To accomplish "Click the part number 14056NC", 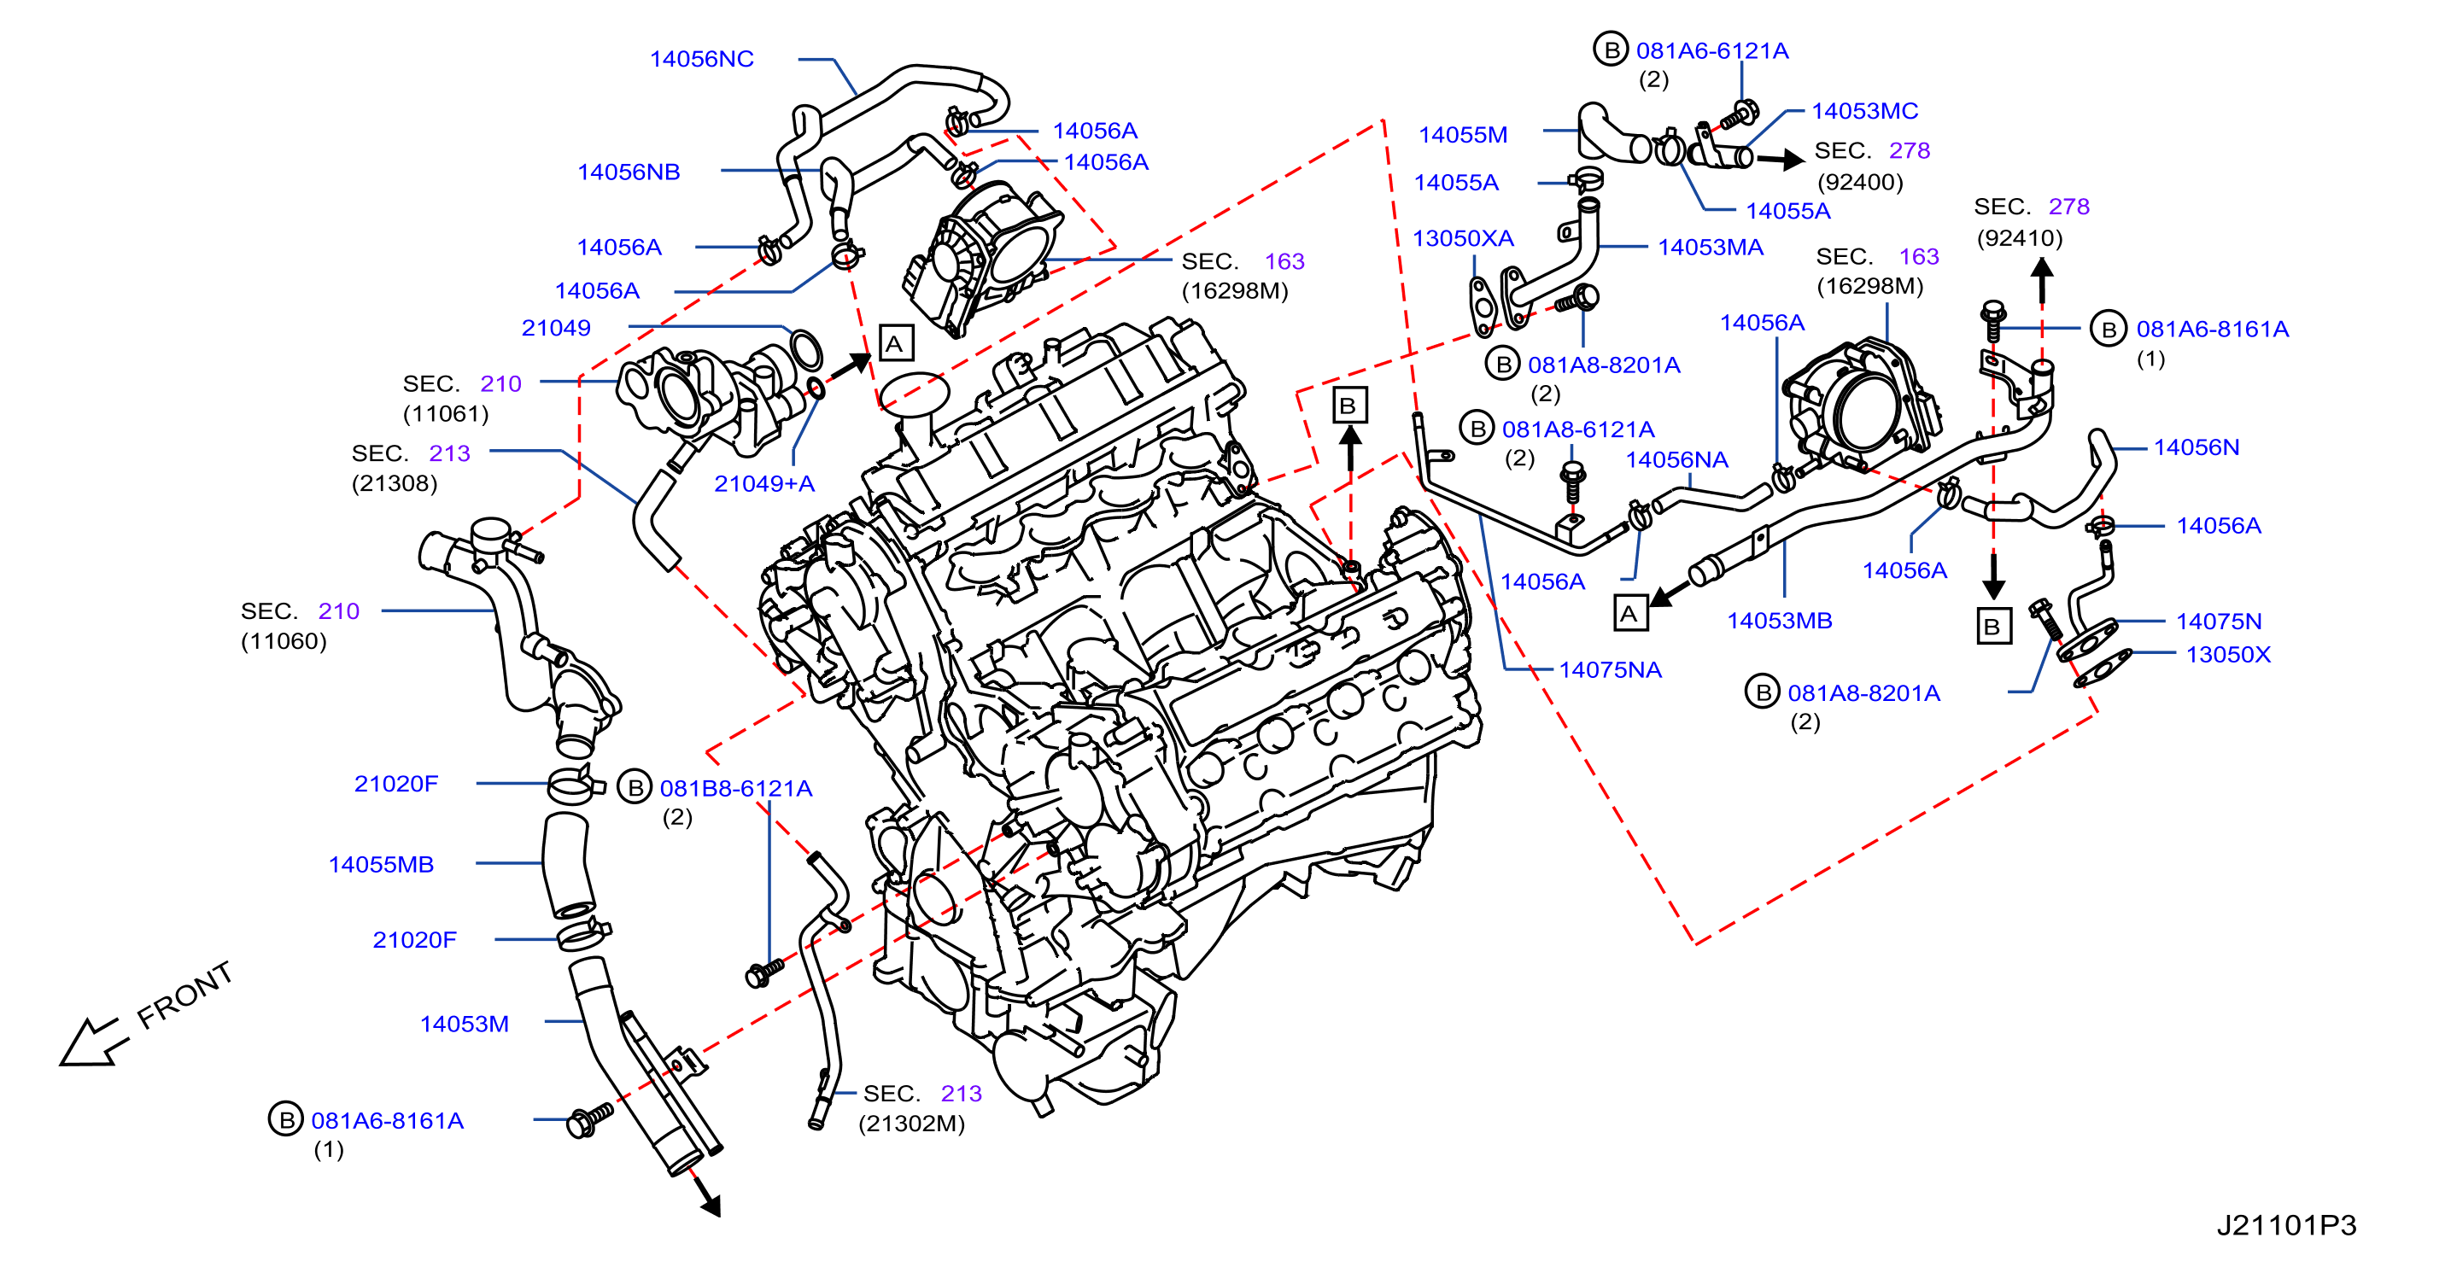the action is [x=701, y=59].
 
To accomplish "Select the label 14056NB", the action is [x=629, y=172].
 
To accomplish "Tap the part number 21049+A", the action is [x=764, y=483].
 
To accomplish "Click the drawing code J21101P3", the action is [x=2286, y=1225].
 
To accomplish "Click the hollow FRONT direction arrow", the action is [x=93, y=1042].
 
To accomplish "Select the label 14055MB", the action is [x=381, y=865].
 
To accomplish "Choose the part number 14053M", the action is [x=465, y=1024].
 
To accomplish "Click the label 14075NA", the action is [x=1610, y=669].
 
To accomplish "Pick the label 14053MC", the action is [x=1864, y=111].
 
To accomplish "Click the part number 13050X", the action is [x=2227, y=655].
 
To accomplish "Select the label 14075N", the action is [x=2218, y=622].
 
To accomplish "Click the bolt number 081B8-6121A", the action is [x=735, y=789].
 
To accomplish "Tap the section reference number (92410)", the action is [x=2019, y=238].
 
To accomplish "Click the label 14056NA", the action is [x=1676, y=459].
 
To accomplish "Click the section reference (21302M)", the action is [x=911, y=1124].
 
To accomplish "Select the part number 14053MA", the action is [x=1710, y=248].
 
